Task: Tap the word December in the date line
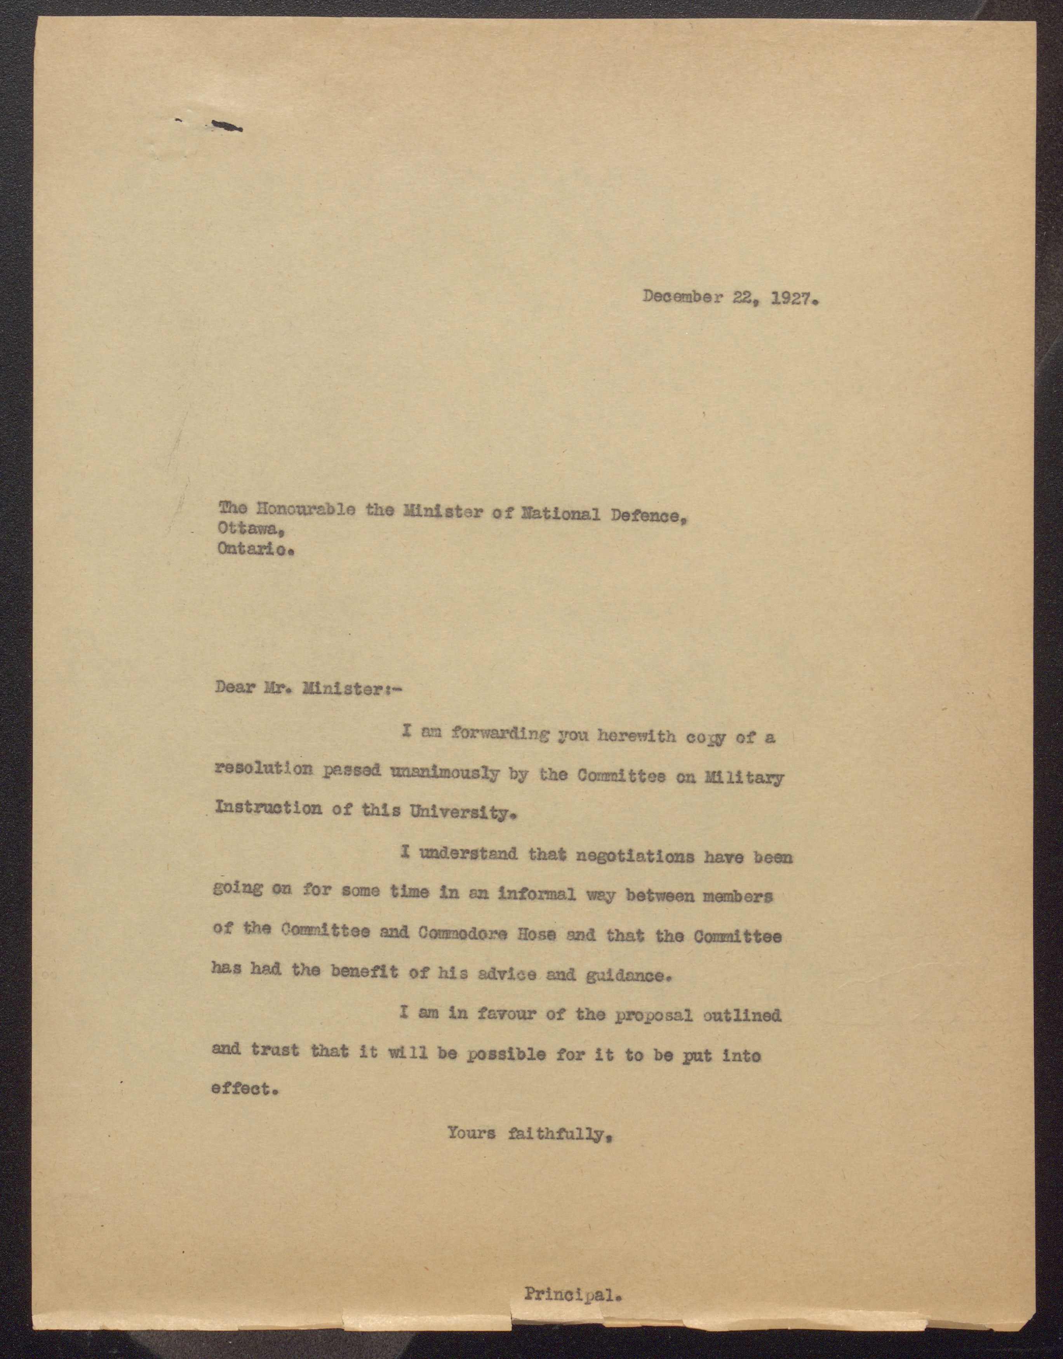pos(682,297)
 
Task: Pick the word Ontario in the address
pos(254,550)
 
